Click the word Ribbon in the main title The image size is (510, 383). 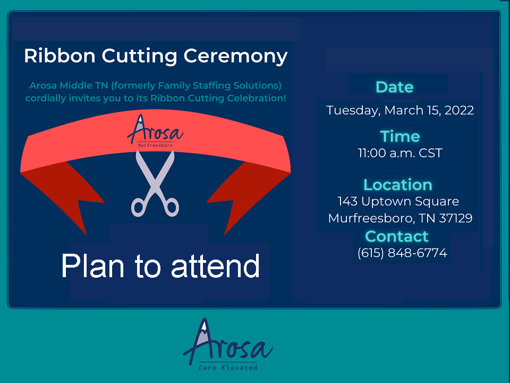pyautogui.click(x=60, y=56)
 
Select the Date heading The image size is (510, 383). pyautogui.click(x=395, y=87)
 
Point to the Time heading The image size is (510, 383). pyautogui.click(x=400, y=136)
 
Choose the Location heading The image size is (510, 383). pyautogui.click(x=398, y=185)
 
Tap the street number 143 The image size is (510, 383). pyautogui.click(x=347, y=201)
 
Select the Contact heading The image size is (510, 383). pyautogui.click(x=397, y=236)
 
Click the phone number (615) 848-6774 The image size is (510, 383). pyautogui.click(x=402, y=253)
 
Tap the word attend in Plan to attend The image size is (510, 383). pyautogui.click(x=215, y=266)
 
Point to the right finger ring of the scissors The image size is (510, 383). pyautogui.click(x=172, y=206)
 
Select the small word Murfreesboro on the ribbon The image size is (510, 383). pyautogui.click(x=155, y=145)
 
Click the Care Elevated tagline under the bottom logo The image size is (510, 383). pyautogui.click(x=228, y=368)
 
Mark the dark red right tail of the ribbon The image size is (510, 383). pyautogui.click(x=247, y=192)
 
